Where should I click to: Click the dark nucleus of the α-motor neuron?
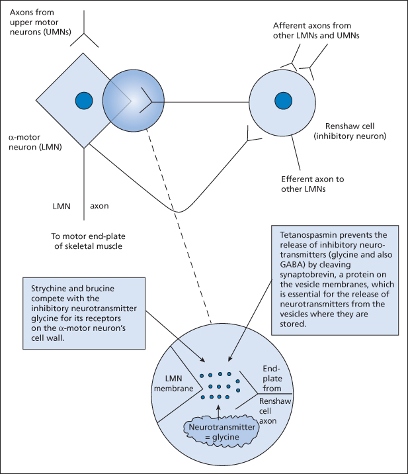click(x=83, y=101)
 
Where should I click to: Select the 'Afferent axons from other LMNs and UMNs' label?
click(x=315, y=31)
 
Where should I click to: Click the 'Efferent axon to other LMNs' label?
click(x=313, y=184)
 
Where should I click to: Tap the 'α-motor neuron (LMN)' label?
click(x=35, y=141)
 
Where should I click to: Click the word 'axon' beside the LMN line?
click(x=100, y=206)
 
